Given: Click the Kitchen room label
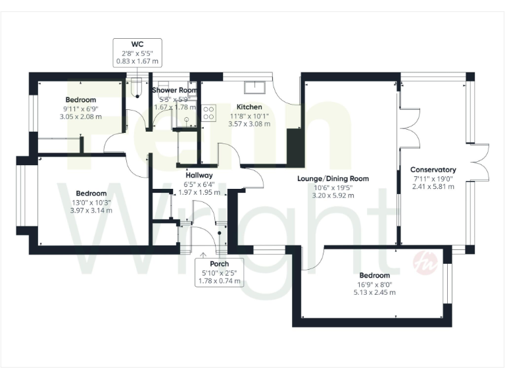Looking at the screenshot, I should (x=249, y=107).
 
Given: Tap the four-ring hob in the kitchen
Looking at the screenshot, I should (x=209, y=113).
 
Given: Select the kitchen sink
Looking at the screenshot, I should (x=252, y=88).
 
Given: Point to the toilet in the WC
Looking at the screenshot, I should (x=136, y=86).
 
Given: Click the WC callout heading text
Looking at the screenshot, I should (x=137, y=45).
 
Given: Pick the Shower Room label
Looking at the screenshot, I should (x=174, y=90).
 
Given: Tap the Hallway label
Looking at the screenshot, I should (x=199, y=176).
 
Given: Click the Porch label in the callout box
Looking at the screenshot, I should (x=218, y=264).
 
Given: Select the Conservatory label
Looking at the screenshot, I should (x=434, y=170).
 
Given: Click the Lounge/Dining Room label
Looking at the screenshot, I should (x=332, y=178).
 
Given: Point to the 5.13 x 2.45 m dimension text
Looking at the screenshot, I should (x=374, y=293).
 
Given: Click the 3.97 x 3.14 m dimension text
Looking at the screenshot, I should (x=91, y=211).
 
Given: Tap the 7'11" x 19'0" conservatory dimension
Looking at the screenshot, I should (x=434, y=178).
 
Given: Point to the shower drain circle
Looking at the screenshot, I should (x=186, y=120).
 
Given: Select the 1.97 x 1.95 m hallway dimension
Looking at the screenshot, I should (x=199, y=193).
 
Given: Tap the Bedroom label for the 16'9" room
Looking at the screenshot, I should (x=374, y=276).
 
